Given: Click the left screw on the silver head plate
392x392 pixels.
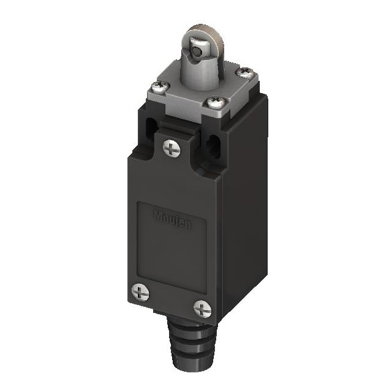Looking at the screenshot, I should [x=157, y=89].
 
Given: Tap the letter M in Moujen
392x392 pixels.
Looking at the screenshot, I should [x=157, y=215].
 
